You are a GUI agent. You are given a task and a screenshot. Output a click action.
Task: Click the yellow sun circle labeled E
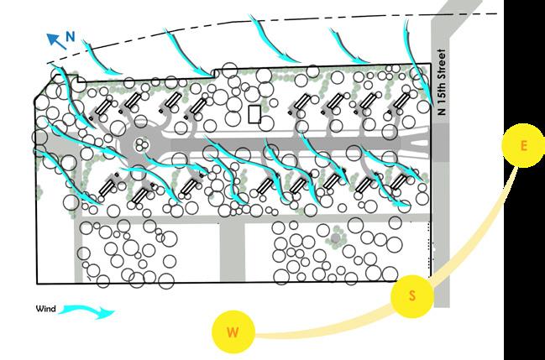click(x=523, y=147)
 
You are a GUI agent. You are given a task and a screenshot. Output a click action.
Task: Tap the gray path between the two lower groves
click(x=232, y=252)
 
